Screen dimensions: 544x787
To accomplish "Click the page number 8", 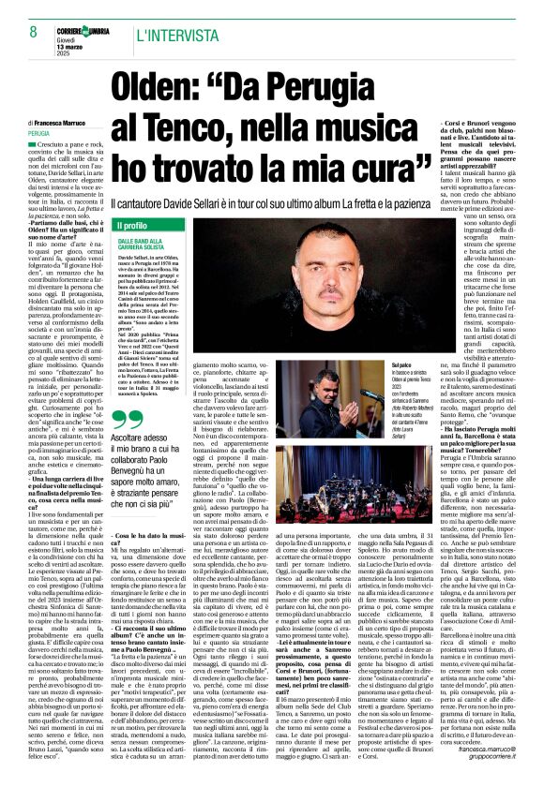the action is point(20,33).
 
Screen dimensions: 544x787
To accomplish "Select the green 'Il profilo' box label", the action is point(131,226).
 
